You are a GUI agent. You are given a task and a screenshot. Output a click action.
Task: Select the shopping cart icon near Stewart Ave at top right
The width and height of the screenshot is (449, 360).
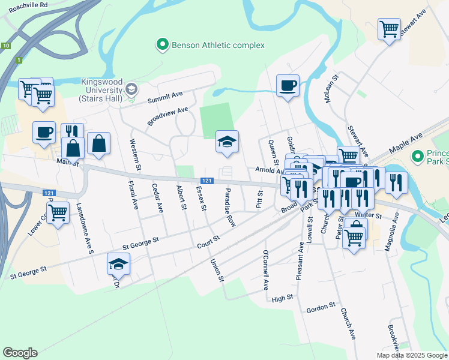coord(389,28)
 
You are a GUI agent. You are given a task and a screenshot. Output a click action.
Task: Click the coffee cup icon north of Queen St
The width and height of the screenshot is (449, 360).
coord(288,85)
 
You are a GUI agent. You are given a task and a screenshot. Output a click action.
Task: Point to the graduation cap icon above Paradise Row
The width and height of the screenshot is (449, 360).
coord(227,142)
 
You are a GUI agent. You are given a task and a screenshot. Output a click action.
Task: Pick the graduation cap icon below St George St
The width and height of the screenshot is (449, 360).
coord(118,264)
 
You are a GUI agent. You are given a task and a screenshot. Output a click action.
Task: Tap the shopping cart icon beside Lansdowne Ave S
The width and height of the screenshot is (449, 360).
coord(58,212)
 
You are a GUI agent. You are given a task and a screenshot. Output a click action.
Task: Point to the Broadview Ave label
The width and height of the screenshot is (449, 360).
coord(167,116)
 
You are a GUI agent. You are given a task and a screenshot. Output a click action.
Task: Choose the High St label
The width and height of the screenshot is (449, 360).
coord(282,298)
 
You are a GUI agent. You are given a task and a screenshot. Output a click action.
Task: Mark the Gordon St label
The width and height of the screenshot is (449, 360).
coord(320,307)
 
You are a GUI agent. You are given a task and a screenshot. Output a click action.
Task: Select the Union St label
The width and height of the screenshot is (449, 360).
coord(217,270)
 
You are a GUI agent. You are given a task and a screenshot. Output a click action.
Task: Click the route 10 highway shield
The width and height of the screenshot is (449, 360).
coord(5,46)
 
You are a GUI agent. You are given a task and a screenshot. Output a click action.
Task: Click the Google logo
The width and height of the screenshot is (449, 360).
coord(20,353)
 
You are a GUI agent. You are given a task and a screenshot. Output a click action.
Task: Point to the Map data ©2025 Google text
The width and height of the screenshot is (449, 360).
coord(411,355)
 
